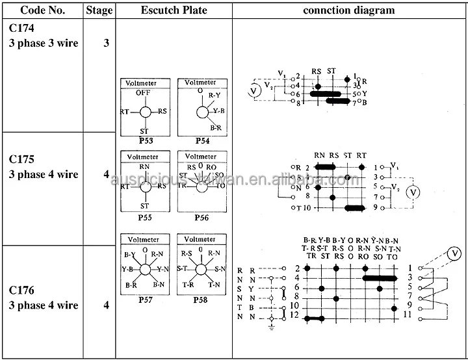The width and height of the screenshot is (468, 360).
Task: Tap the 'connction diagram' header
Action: coord(348,10)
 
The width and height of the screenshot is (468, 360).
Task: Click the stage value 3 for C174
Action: coord(106,44)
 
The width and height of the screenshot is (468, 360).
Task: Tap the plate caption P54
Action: coord(201,140)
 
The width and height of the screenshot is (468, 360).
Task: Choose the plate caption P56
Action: coord(201,218)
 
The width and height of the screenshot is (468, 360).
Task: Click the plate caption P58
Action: coord(201,300)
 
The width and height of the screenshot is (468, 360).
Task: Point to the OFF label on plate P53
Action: coord(144,94)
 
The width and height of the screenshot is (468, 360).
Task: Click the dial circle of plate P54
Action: coord(201,112)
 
